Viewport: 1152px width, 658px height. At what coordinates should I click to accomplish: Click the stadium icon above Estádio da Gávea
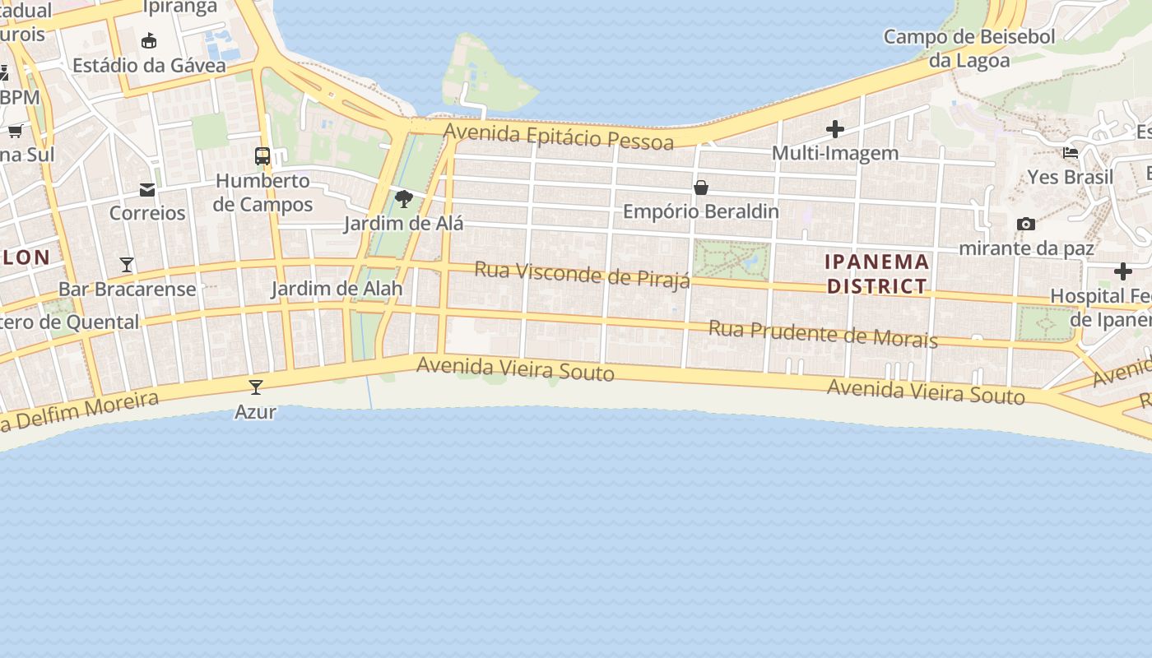tap(149, 40)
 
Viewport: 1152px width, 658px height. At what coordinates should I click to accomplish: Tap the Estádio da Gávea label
tap(149, 65)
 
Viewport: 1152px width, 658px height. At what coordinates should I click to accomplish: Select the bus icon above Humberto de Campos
tap(262, 155)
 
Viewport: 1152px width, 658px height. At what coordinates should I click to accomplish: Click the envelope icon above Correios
tap(147, 190)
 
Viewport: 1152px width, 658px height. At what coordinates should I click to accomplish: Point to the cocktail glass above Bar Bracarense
tap(127, 265)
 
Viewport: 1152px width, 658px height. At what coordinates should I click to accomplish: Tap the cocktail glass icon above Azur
tap(256, 387)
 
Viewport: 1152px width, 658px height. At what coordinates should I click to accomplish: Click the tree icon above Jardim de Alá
tap(403, 198)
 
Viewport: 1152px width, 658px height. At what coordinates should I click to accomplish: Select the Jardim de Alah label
tap(337, 289)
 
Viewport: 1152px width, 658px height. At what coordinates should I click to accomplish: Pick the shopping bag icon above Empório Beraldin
tap(701, 188)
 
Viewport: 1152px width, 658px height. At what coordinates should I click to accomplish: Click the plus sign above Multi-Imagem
tap(835, 129)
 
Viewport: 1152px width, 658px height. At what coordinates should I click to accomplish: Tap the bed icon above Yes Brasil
tap(1071, 153)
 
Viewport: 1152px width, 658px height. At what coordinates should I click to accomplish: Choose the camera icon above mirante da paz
tap(1026, 224)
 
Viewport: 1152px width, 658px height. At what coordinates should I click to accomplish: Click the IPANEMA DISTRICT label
tap(877, 274)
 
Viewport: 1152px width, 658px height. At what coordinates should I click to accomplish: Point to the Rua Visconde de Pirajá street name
tap(583, 275)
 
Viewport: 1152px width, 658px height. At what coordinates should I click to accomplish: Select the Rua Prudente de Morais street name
tap(823, 333)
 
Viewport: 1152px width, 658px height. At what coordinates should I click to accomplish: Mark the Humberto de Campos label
tap(262, 192)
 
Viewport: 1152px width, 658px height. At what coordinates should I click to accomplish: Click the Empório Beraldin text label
tap(701, 211)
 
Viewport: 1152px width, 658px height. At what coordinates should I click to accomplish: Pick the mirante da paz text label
tap(1026, 248)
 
